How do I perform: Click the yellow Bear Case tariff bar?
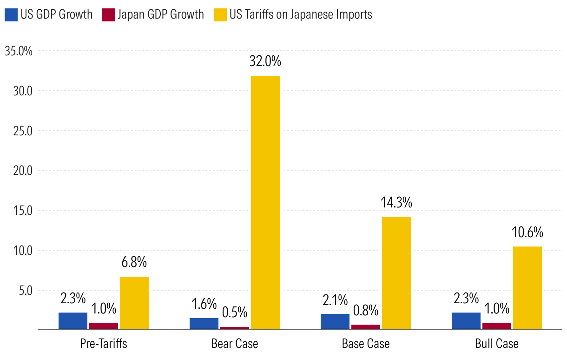coord(265,202)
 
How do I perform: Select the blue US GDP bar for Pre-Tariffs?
coord(73,321)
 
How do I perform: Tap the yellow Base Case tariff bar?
coord(396,273)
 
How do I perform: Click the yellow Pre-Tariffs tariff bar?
coord(134,303)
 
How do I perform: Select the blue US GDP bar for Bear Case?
coord(204,324)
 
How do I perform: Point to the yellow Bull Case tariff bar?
coord(527,288)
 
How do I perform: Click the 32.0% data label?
coord(265,61)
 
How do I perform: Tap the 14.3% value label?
coord(396,203)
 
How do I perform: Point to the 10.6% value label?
coord(527,232)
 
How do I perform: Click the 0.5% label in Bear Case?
coord(234,312)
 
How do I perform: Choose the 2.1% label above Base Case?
coord(335,300)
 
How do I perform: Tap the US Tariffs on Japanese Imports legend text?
coord(300,15)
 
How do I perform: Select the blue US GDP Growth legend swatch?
coord(11,15)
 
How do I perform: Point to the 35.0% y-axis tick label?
coord(19,51)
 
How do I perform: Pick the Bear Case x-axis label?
coord(235,344)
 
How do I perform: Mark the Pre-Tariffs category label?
coord(104,344)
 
